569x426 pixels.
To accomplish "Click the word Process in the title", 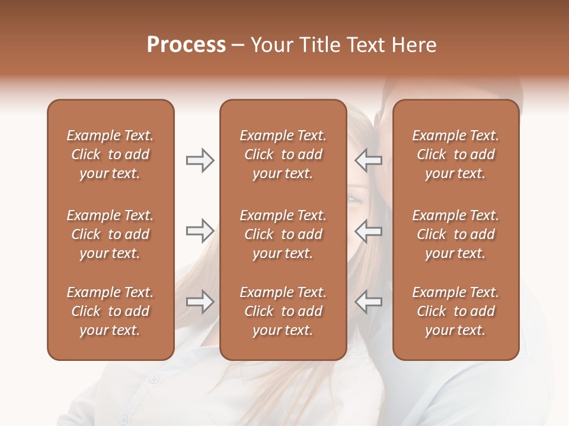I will (x=186, y=45).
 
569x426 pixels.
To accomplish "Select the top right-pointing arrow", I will (x=200, y=160).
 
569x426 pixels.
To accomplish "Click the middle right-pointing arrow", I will (x=200, y=231).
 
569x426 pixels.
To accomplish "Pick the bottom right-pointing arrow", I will (x=200, y=302).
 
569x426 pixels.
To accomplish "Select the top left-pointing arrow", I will (x=369, y=160).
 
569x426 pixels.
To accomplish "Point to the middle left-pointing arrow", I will (x=369, y=231).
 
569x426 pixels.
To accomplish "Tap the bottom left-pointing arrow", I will (x=369, y=302).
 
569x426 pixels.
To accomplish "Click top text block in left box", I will (x=110, y=154).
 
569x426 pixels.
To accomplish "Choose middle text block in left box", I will (x=110, y=234).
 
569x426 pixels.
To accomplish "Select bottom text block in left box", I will (x=110, y=311).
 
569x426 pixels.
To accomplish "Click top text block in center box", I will (x=283, y=154).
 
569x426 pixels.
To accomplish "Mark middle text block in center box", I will (x=283, y=234).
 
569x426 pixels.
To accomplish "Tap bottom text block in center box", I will (x=283, y=311).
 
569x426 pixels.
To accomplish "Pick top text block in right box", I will (x=455, y=154).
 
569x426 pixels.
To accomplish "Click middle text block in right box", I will (x=455, y=234).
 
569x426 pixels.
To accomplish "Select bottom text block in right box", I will (x=455, y=311).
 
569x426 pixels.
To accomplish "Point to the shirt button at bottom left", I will (x=123, y=419).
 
